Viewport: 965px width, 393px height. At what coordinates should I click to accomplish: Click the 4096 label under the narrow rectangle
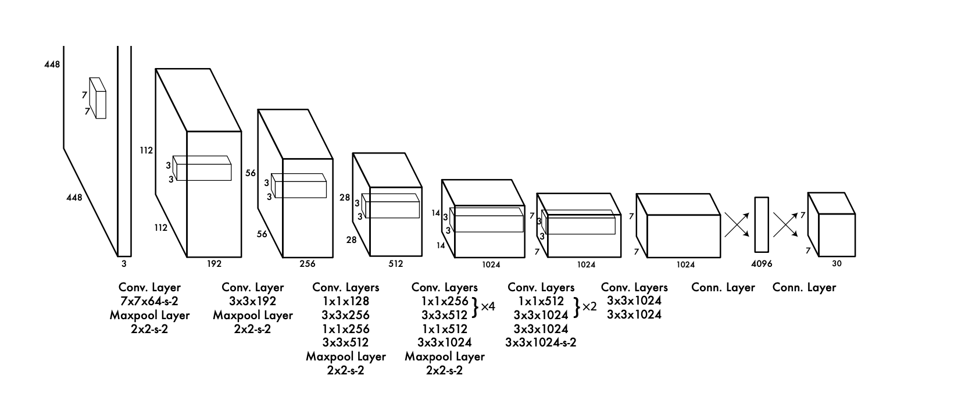point(762,264)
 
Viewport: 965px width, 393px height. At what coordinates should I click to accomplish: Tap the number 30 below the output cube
point(837,263)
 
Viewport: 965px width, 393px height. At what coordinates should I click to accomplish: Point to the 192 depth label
point(214,264)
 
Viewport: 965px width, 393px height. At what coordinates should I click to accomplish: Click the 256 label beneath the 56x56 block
point(308,264)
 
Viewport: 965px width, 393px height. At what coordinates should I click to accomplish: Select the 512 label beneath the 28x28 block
point(395,264)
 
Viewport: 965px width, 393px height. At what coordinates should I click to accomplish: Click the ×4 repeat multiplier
point(488,306)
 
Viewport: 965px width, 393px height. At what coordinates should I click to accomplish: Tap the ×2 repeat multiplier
point(589,306)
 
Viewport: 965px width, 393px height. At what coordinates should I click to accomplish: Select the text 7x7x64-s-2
point(149,301)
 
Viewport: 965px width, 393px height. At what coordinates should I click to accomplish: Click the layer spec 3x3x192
point(253,301)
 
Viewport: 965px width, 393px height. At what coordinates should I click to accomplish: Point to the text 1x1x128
point(345,301)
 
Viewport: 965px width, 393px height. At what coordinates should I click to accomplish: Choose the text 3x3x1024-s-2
point(541,342)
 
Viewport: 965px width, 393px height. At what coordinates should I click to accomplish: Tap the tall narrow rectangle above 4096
point(762,224)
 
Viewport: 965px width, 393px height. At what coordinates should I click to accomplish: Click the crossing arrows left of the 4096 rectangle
point(737,224)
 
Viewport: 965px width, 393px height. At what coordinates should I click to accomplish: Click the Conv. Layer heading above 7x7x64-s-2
point(149,287)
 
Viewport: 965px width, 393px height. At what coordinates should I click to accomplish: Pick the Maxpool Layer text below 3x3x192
point(253,315)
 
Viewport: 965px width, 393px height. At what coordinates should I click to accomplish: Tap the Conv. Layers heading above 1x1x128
point(345,287)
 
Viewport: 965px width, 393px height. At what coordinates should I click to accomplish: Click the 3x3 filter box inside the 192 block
point(203,169)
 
